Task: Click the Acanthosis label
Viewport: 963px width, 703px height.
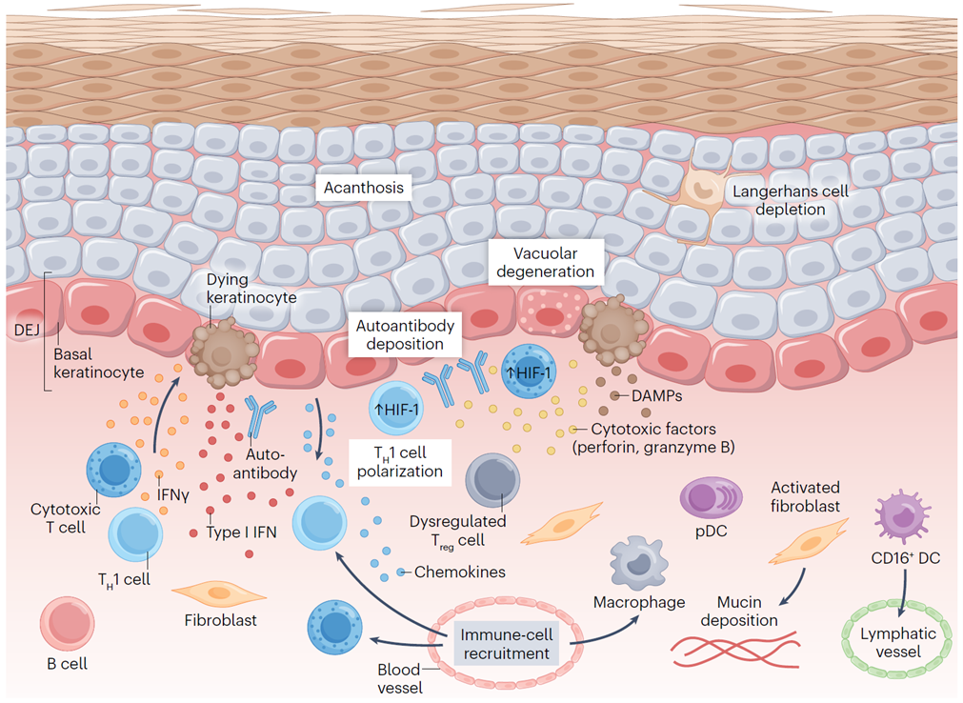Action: tap(363, 188)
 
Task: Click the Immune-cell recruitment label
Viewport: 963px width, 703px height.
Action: tap(505, 642)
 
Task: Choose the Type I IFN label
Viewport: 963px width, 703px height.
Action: tap(241, 532)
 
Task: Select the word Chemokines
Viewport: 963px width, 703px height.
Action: tap(459, 572)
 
